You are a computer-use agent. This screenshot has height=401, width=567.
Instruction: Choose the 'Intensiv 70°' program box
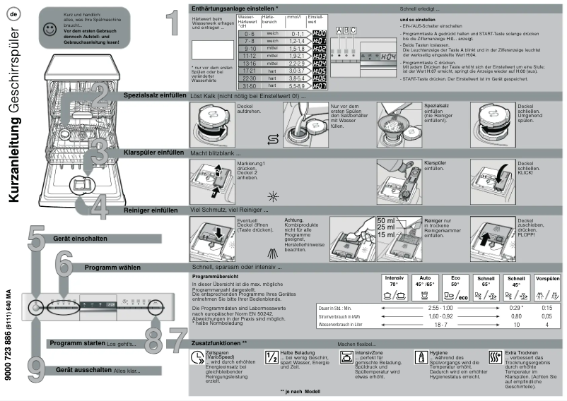point(394,288)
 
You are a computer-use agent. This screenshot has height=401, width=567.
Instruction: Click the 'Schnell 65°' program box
point(486,288)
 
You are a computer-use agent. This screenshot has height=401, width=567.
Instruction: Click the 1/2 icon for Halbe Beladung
point(271,357)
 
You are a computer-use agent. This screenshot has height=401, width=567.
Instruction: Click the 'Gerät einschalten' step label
point(76,239)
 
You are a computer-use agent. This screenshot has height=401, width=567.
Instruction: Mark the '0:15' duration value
point(546,309)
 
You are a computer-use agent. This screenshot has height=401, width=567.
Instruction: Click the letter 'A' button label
point(339,30)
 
